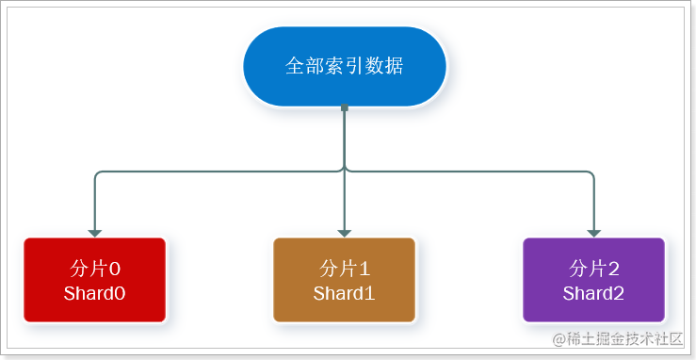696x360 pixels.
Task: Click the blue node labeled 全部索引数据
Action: [x=345, y=66]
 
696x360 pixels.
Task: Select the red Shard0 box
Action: [x=94, y=280]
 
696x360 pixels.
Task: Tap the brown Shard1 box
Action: [x=345, y=280]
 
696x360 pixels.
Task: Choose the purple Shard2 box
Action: [x=594, y=280]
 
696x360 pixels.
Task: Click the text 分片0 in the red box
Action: [x=94, y=268]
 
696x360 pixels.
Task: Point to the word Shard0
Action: [x=94, y=293]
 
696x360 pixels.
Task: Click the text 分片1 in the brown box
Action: [x=345, y=268]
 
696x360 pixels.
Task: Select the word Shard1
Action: [x=345, y=293]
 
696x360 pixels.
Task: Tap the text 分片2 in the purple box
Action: [x=594, y=268]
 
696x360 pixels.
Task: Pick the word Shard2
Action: [x=594, y=293]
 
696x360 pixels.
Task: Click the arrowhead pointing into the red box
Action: [x=94, y=232]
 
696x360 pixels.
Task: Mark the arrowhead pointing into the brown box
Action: [x=345, y=232]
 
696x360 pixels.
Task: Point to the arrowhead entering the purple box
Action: [x=594, y=232]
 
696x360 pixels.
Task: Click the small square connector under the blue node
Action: [x=345, y=108]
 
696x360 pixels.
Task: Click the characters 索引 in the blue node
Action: [x=345, y=66]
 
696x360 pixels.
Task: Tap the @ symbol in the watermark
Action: [x=558, y=339]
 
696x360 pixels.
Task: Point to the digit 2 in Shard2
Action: [x=619, y=293]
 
